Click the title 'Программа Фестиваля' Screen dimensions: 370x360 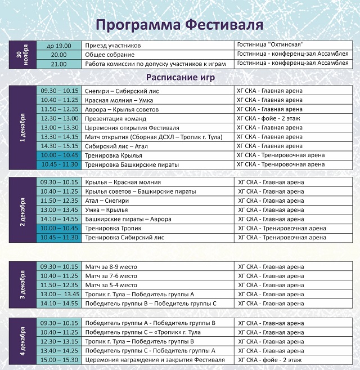coord(179,25)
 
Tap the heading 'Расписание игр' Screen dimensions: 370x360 coord(179,77)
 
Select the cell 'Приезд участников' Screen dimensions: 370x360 coord(112,46)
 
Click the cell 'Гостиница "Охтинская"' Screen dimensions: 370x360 coord(271,46)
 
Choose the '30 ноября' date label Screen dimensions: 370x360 coord(22,55)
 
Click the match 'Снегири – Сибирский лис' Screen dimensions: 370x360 coord(119,91)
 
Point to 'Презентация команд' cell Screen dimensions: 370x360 coord(115,119)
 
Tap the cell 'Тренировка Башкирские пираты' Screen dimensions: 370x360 coord(132,164)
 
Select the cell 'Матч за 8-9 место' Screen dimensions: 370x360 coord(111,266)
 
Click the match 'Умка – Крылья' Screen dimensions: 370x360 coord(106,210)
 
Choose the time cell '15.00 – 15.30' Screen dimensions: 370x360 coord(59,359)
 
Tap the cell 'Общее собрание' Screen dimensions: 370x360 coord(110,55)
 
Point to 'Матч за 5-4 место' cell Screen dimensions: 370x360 coord(111,285)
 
